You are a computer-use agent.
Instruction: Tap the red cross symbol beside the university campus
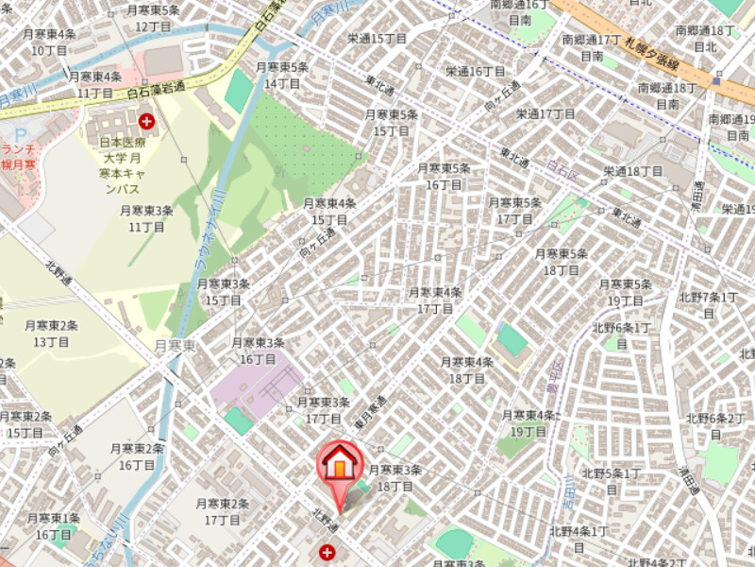click(146, 121)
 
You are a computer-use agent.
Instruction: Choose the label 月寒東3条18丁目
click(394, 478)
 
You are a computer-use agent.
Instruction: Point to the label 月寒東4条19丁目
click(528, 423)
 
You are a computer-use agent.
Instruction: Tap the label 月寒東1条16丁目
click(54, 526)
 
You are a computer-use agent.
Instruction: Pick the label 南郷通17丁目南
click(592, 48)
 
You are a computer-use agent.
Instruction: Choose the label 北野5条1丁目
click(612, 481)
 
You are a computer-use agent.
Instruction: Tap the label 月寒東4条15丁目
click(329, 212)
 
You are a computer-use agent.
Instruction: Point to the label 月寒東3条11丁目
click(146, 218)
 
